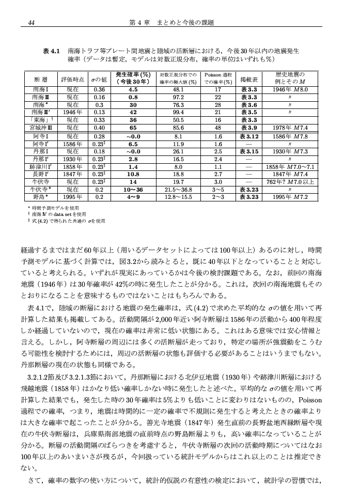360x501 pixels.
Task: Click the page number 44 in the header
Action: coord(31,22)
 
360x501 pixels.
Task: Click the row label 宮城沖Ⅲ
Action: coord(41,127)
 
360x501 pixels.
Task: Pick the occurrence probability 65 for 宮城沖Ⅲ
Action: coord(133,127)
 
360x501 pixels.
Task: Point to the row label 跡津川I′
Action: coord(41,167)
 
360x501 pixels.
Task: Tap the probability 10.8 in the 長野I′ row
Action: coord(133,175)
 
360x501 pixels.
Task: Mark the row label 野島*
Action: coord(41,197)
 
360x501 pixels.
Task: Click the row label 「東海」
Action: coord(41,119)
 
